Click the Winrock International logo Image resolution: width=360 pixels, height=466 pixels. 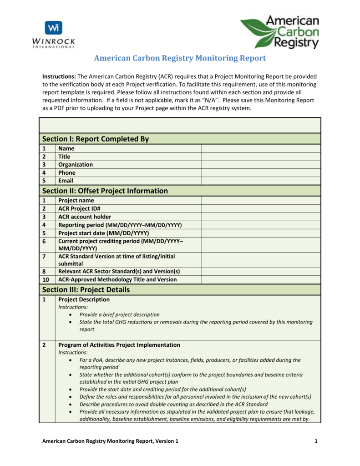pos(54,35)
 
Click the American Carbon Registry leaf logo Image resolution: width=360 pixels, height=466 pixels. pos(279,32)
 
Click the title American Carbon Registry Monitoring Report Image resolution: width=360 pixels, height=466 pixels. pos(180,58)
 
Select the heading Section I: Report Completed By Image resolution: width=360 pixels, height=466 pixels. pos(96,139)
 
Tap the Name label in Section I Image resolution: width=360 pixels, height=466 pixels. pos(66,148)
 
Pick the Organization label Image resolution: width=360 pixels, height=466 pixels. pos(76,165)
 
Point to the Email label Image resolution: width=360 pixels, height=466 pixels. pos(66,181)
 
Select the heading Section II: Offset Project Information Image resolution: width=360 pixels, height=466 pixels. pos(105,191)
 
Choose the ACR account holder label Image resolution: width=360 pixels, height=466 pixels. pos(85,217)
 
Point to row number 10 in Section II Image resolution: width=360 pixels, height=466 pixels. pos(45,279)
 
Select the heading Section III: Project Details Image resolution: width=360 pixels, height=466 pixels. pos(86,289)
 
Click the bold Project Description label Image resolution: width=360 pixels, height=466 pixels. pos(84,299)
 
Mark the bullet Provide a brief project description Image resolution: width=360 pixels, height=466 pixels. pos(119,314)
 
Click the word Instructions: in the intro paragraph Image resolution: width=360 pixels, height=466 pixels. pos(59,76)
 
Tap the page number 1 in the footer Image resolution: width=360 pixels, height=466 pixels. pos(315,441)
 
